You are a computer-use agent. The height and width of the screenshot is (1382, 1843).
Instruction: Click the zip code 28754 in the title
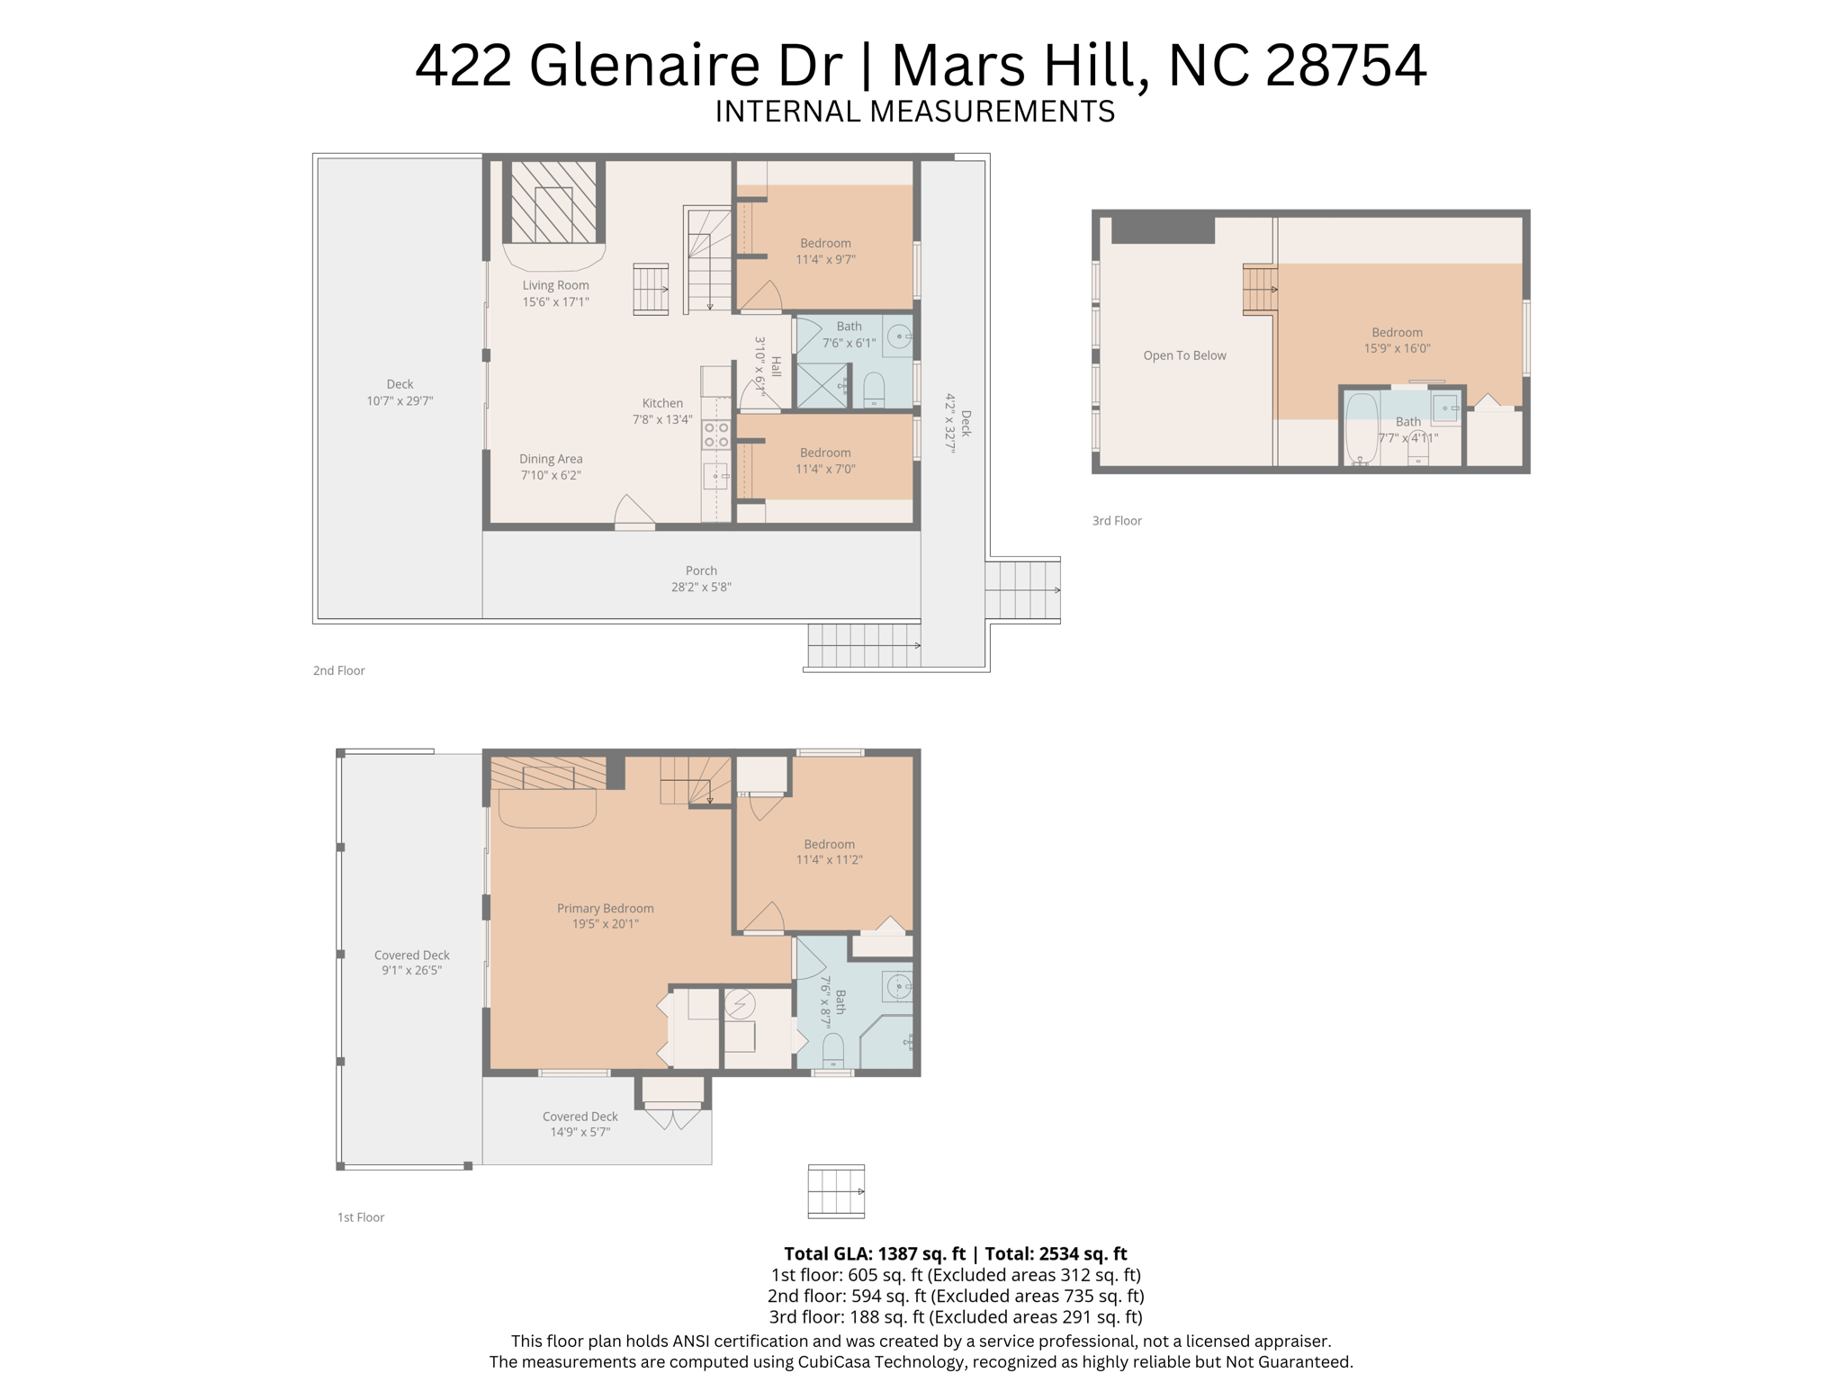click(1345, 66)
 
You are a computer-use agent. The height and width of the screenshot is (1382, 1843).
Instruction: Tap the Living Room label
click(555, 285)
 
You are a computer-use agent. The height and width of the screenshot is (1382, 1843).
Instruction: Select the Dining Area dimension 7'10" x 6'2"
click(551, 475)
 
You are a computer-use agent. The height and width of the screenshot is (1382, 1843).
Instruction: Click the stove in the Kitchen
click(716, 435)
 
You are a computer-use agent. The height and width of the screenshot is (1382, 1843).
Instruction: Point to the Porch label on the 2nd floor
click(701, 570)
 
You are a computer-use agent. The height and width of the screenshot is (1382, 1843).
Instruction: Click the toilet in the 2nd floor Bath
click(874, 391)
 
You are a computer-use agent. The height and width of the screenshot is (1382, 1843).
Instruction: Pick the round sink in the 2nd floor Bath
click(899, 337)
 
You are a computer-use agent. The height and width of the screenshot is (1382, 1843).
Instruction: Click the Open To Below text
click(1184, 355)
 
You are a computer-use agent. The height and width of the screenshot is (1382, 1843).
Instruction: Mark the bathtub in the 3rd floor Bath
click(1362, 428)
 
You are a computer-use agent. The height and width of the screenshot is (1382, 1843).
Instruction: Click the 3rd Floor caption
click(1117, 521)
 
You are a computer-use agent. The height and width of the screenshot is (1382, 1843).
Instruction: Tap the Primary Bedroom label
click(605, 909)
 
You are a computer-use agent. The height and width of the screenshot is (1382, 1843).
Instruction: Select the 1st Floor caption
click(361, 1217)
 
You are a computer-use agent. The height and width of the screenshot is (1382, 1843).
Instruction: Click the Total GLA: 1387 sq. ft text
click(874, 1253)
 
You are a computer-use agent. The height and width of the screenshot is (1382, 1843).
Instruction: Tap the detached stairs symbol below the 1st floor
click(836, 1191)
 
